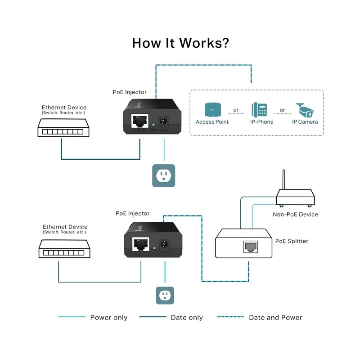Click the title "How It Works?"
[x=180, y=43]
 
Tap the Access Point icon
[x=212, y=109]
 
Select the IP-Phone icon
[x=259, y=110]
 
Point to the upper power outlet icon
[x=164, y=175]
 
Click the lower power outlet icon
[x=165, y=295]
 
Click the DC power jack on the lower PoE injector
[x=165, y=245]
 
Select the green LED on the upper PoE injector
[x=153, y=125]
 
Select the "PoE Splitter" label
[x=292, y=241]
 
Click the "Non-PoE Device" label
[x=295, y=214]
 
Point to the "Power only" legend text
[x=109, y=318]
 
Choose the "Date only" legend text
[x=187, y=318]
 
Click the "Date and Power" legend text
[x=275, y=318]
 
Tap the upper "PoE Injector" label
[x=130, y=92]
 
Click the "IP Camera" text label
[x=305, y=122]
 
